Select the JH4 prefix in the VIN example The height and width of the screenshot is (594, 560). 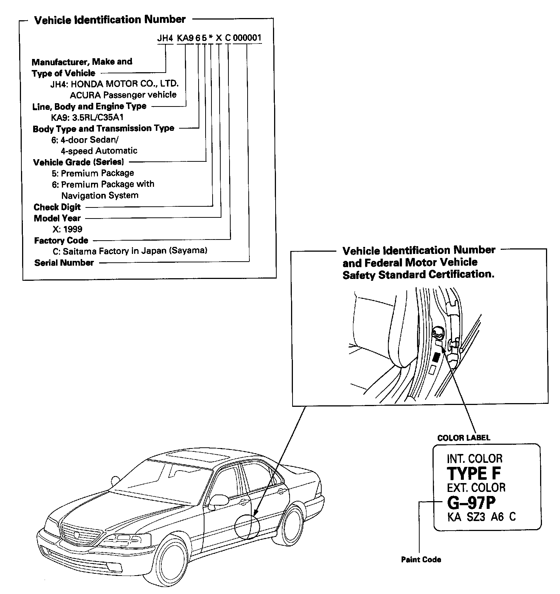[165, 38]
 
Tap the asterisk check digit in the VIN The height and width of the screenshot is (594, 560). [210, 38]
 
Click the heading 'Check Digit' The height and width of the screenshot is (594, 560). [57, 207]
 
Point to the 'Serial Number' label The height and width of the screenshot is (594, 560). [64, 263]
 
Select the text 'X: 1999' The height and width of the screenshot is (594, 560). [67, 229]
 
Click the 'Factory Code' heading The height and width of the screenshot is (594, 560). [61, 241]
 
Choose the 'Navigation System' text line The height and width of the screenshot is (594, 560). [100, 195]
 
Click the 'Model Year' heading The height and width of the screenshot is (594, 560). [57, 218]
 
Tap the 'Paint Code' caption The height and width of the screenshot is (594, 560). [421, 560]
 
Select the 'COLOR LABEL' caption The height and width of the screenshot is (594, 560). [463, 438]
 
